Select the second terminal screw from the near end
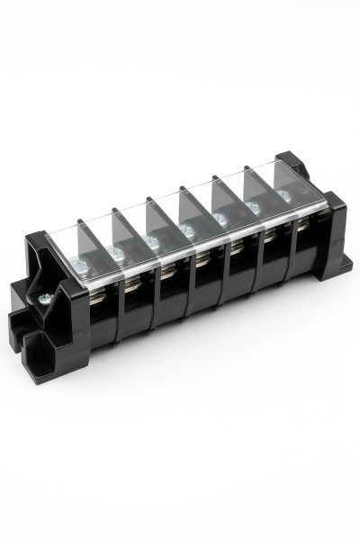(115, 253)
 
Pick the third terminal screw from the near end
(151, 241)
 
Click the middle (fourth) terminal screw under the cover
(186, 230)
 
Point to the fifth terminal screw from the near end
(220, 219)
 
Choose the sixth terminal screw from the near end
(253, 208)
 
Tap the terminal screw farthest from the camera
(283, 195)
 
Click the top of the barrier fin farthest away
(277, 157)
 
